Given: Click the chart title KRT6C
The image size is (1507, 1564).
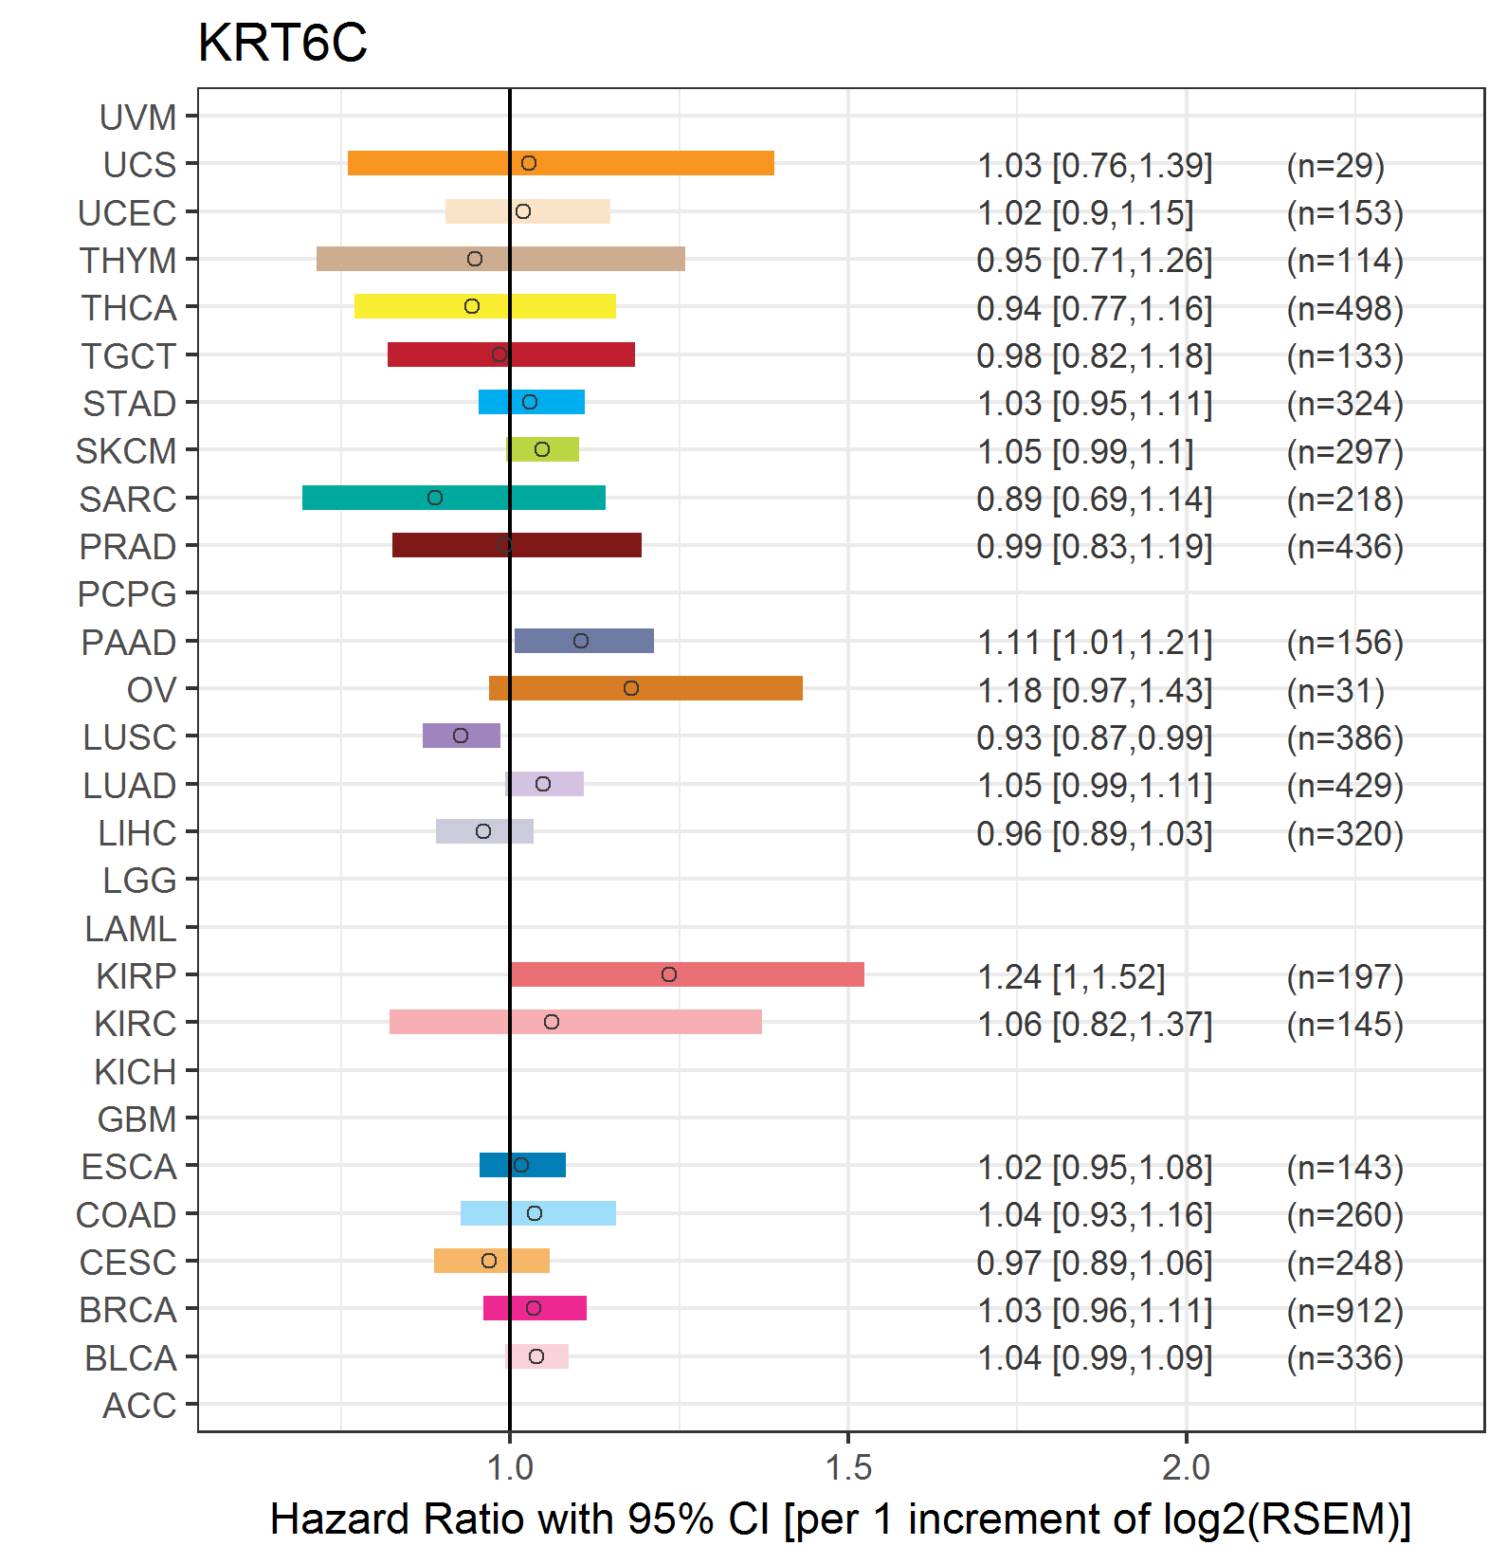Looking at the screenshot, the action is coord(281,43).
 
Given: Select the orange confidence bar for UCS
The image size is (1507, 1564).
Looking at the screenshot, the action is coord(561,163).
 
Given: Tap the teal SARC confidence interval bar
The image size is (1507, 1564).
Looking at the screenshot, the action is coord(454,498).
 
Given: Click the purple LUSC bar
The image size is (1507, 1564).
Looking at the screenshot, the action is coord(462,736).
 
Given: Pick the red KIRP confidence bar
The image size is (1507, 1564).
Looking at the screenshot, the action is coord(687,974).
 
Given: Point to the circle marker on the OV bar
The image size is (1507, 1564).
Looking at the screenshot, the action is coord(631,688).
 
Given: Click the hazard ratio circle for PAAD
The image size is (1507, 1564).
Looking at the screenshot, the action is coord(581,641).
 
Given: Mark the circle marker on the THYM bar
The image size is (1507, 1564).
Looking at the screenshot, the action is coord(475,259).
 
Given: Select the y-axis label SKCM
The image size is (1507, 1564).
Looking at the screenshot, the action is coord(126,451).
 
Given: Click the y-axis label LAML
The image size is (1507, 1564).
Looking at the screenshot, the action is coord(131,929).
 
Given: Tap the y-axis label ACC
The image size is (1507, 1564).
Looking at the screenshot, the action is coord(139,1406).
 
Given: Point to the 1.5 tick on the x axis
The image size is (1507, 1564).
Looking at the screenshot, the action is coord(848,1468).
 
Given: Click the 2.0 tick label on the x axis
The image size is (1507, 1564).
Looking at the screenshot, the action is coord(1187,1468).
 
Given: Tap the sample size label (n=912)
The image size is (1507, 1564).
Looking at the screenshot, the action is coord(1345,1310).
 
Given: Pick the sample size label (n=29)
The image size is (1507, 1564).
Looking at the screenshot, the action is coord(1335,165).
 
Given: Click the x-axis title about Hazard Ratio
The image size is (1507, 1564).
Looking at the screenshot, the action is coord(841,1519).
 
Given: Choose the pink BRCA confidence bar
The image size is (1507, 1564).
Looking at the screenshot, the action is coord(535,1308).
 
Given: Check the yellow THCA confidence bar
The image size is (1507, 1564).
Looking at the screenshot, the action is coord(485,306).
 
